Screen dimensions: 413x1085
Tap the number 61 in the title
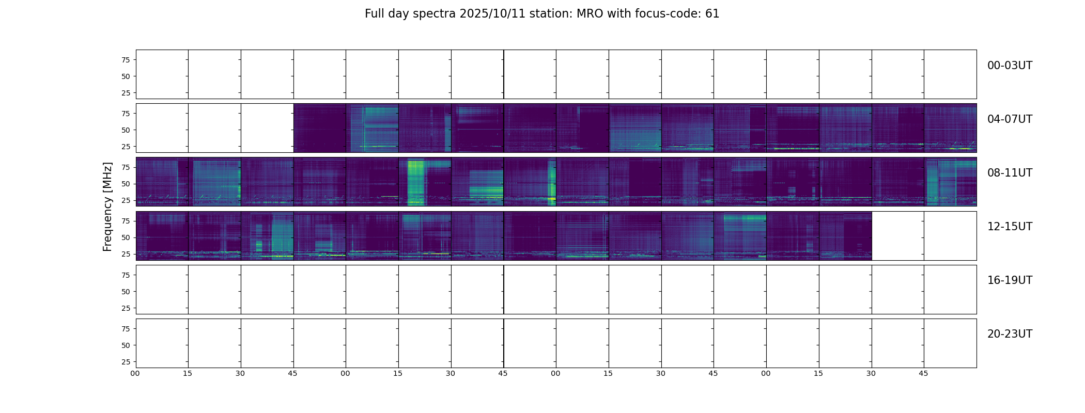tap(712, 14)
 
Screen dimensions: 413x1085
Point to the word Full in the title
tap(375, 14)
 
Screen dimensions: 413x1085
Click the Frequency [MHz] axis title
tap(107, 206)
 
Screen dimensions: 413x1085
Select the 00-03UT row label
tap(1010, 66)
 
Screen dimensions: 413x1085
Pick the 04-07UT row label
tap(1010, 119)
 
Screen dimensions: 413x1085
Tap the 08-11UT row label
tap(1010, 173)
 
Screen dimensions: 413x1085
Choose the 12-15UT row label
tap(1010, 227)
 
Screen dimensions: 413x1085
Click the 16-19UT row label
tap(1010, 280)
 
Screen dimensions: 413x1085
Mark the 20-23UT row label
tap(1010, 334)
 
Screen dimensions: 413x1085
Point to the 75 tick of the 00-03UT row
tap(125, 60)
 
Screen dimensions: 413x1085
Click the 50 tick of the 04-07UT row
tap(125, 130)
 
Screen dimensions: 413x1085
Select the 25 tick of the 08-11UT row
tap(125, 200)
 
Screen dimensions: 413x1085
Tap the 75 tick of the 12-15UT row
tap(125, 221)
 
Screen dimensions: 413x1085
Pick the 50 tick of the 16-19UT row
tap(125, 292)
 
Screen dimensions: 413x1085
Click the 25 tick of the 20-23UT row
tap(125, 362)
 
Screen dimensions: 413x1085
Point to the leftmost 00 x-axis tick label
tap(135, 373)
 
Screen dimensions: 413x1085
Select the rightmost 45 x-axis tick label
tap(923, 373)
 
